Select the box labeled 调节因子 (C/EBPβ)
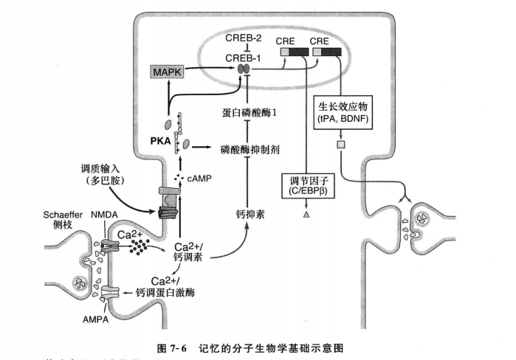pyautogui.click(x=304, y=184)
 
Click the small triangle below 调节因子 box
pyautogui.click(x=305, y=215)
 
